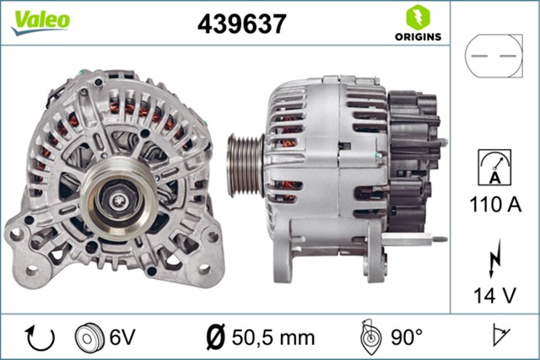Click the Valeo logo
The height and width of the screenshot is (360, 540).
click(x=40, y=21)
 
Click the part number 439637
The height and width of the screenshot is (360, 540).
click(x=240, y=23)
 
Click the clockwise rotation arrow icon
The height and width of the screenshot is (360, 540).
click(x=40, y=337)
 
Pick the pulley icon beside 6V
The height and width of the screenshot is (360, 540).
click(x=87, y=337)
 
